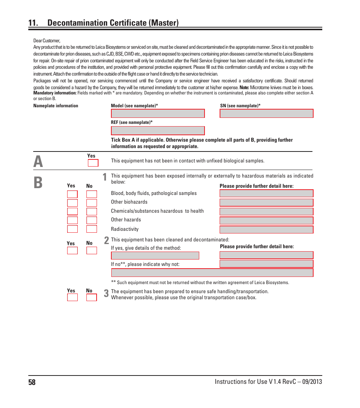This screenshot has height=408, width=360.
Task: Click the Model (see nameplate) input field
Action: pyautogui.click(x=158, y=114)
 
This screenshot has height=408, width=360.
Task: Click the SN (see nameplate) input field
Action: pyautogui.click(x=266, y=114)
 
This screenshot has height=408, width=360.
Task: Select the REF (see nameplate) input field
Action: pyautogui.click(x=158, y=131)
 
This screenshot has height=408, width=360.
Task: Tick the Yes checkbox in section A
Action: pyautogui.click(x=93, y=163)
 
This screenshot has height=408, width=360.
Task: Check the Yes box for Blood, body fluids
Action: pyautogui.click(x=72, y=194)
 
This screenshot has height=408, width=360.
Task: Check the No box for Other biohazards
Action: pyautogui.click(x=92, y=203)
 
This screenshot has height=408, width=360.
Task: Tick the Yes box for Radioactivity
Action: pyautogui.click(x=72, y=229)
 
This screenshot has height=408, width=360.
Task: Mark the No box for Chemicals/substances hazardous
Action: pyautogui.click(x=92, y=212)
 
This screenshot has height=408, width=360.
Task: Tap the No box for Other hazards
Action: pyautogui.click(x=92, y=220)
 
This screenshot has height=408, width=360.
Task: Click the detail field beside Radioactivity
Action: pyautogui.click(x=266, y=230)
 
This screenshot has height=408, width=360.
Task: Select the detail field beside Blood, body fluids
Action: pyautogui.click(x=266, y=193)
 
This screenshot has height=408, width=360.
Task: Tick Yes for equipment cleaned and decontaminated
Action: pyautogui.click(x=72, y=251)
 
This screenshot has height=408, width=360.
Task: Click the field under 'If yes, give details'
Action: pyautogui.click(x=155, y=256)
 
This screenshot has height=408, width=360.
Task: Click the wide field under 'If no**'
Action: pyautogui.click(x=212, y=273)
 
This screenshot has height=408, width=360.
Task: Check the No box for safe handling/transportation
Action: pyautogui.click(x=92, y=297)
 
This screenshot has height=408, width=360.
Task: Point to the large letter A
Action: pyautogui.click(x=38, y=162)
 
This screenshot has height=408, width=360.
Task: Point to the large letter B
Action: pyautogui.click(x=38, y=182)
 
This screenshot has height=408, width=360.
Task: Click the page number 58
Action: pyautogui.click(x=32, y=382)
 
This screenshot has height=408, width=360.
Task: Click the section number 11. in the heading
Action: pyautogui.click(x=33, y=23)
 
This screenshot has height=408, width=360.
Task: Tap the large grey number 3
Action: pyautogui.click(x=106, y=294)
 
